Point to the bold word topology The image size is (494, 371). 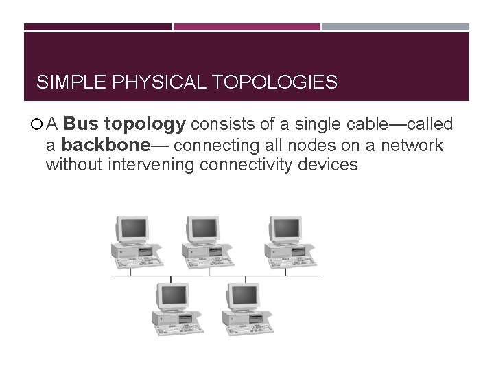[x=145, y=125]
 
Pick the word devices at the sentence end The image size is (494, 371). [x=329, y=166]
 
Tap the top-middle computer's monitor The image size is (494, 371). [x=201, y=228]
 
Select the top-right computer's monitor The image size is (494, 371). [x=284, y=228]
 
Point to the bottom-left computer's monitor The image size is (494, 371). [x=172, y=296]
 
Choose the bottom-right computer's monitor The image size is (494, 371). [x=242, y=296]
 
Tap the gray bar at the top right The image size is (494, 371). [x=396, y=27]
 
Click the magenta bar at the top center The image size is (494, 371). [x=247, y=27]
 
